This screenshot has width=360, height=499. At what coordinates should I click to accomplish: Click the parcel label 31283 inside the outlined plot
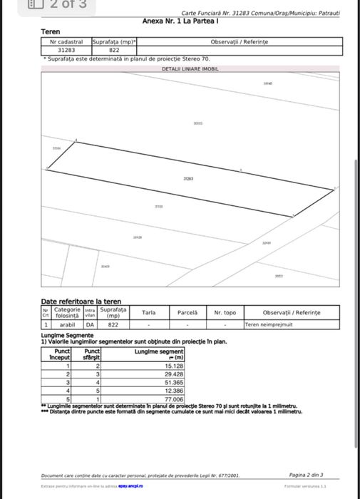click(188, 180)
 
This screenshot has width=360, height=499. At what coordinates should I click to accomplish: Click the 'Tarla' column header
click(148, 312)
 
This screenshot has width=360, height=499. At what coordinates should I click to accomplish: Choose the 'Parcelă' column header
click(187, 312)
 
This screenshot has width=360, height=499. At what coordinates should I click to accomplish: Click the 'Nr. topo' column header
click(225, 312)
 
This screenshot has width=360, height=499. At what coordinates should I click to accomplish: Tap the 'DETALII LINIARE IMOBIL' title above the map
click(190, 69)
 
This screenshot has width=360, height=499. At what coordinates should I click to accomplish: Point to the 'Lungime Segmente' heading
click(67, 335)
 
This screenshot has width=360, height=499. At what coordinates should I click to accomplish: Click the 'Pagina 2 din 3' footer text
click(307, 474)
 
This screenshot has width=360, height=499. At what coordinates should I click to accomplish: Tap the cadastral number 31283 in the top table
click(66, 51)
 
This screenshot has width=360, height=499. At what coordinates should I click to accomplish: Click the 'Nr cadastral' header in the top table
click(66, 43)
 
